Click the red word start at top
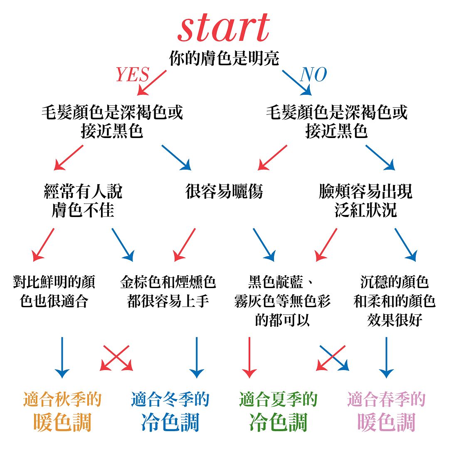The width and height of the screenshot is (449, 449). point(224,28)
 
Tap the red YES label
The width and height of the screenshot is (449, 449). point(132,75)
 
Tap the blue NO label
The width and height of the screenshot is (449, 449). point(313,75)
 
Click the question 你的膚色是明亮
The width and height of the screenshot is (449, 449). point(224,58)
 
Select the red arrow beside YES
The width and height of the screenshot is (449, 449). point(152,82)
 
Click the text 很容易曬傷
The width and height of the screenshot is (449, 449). point(224,192)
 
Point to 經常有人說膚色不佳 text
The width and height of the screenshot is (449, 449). point(83,201)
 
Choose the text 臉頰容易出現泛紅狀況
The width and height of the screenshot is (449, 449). point(365,201)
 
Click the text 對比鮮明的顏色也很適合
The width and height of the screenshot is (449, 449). point(54,291)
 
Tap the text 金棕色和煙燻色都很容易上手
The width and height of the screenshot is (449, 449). point(168,291)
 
